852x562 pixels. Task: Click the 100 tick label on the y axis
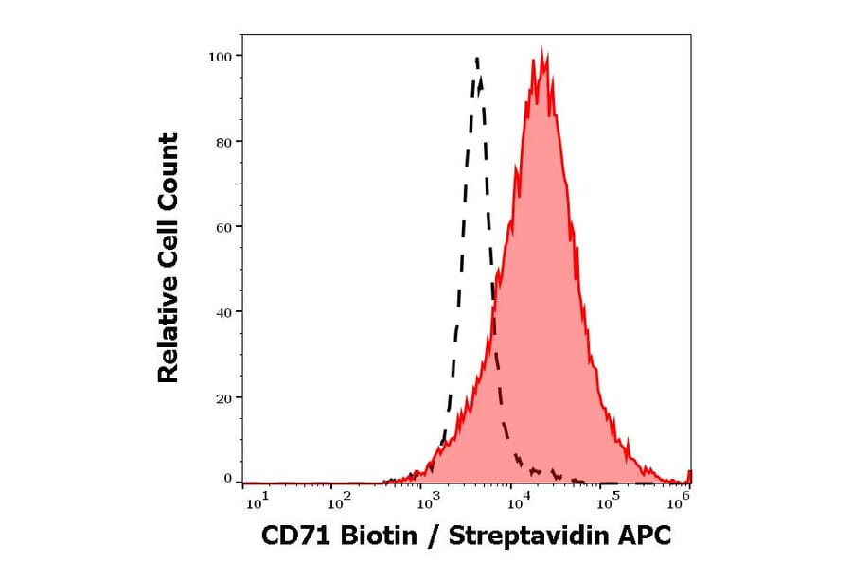click(220, 56)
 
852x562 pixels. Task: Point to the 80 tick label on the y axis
click(222, 142)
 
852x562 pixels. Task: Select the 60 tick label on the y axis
click(222, 227)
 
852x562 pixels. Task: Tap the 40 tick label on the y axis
click(222, 312)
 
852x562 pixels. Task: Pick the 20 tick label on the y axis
click(222, 398)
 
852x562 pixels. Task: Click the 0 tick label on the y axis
click(227, 479)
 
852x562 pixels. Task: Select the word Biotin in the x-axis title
click(377, 536)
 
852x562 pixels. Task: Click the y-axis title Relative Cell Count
click(169, 258)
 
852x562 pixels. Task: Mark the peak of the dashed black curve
click(476, 58)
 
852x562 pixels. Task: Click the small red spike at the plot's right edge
click(689, 475)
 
